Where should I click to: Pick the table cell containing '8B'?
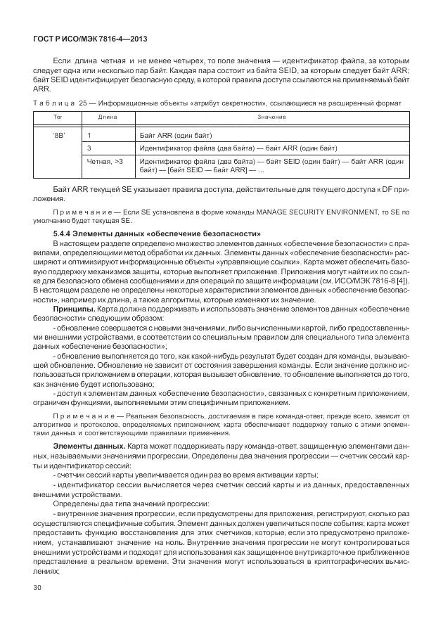[x=58, y=134]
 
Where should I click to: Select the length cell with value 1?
[x=89, y=134]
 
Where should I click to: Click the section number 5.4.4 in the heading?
[x=65, y=233]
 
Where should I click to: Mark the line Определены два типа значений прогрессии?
[x=131, y=504]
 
